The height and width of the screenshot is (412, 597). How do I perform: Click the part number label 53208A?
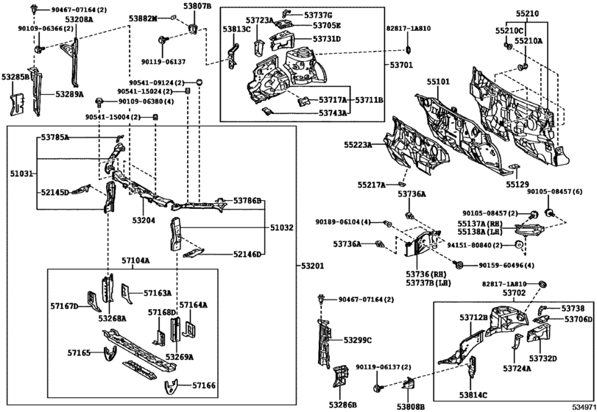(x=79, y=18)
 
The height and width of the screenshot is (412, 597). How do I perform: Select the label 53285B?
(x=15, y=77)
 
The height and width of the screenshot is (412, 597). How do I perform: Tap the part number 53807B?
(x=197, y=6)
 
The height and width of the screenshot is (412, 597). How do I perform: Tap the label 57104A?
(x=135, y=260)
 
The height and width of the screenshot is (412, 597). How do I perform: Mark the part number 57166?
(x=204, y=385)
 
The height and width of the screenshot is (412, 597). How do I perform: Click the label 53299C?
(x=358, y=340)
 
